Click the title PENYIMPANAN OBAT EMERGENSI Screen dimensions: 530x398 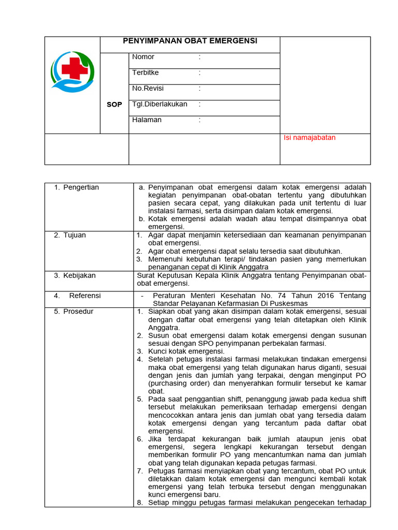(x=190, y=41)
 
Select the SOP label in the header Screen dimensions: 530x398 (x=114, y=105)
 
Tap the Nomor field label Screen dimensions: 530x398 (x=143, y=57)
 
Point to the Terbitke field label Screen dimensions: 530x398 (x=146, y=73)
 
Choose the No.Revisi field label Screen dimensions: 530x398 (x=148, y=89)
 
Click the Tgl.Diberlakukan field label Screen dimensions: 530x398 (x=160, y=104)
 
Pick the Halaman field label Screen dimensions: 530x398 (x=147, y=120)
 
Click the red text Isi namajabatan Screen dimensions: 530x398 (x=309, y=138)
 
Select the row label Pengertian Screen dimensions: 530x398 (x=81, y=187)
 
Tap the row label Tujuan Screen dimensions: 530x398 (x=75, y=235)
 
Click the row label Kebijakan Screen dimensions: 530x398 (x=79, y=275)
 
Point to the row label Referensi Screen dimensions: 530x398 (x=85, y=296)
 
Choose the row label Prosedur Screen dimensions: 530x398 (x=78, y=312)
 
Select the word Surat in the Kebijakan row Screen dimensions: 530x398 (x=146, y=275)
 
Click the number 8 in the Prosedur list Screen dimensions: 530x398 (x=140, y=502)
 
